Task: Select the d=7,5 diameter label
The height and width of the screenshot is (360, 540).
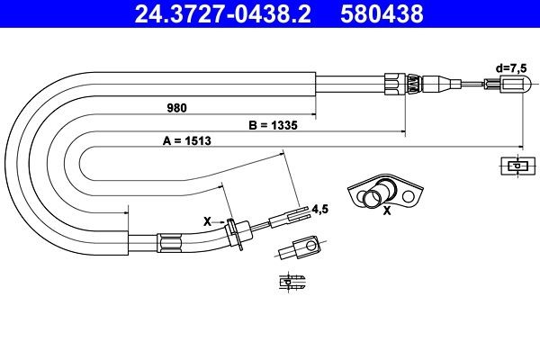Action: coord(511,67)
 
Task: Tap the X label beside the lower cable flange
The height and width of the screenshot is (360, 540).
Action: coord(207,220)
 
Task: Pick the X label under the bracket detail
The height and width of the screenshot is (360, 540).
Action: coord(387,212)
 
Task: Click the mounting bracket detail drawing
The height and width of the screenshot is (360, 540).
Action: coord(384,192)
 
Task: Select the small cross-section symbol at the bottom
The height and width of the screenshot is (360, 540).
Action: coord(289,281)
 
